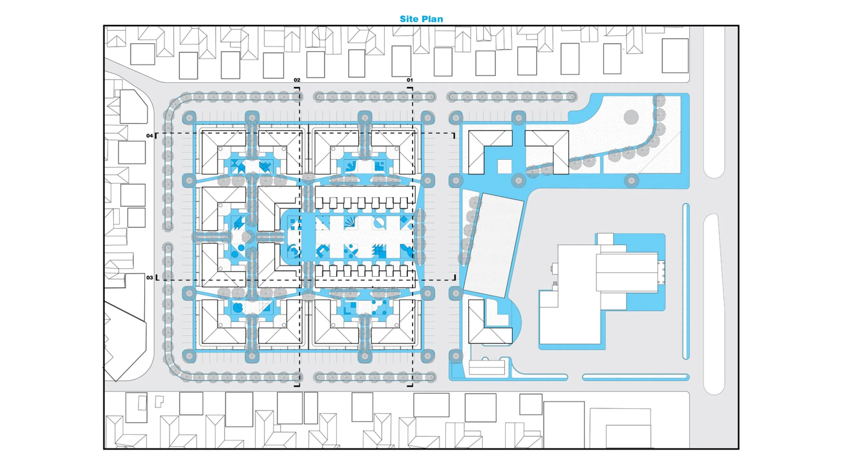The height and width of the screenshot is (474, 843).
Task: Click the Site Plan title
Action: tap(421, 19)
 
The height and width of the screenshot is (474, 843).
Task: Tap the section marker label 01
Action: tap(410, 80)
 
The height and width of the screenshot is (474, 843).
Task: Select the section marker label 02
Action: tap(297, 80)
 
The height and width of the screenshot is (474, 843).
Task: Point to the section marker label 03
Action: tap(149, 277)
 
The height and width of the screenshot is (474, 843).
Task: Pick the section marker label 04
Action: tap(149, 136)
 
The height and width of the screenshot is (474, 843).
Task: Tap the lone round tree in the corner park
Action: tap(631, 117)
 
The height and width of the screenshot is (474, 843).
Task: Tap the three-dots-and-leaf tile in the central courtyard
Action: tap(351, 251)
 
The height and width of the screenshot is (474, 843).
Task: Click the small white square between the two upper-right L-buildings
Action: tap(504, 167)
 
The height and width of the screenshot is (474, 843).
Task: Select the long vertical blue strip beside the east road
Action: tap(686, 282)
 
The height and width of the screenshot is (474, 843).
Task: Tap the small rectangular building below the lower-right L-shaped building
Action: tap(487, 367)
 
